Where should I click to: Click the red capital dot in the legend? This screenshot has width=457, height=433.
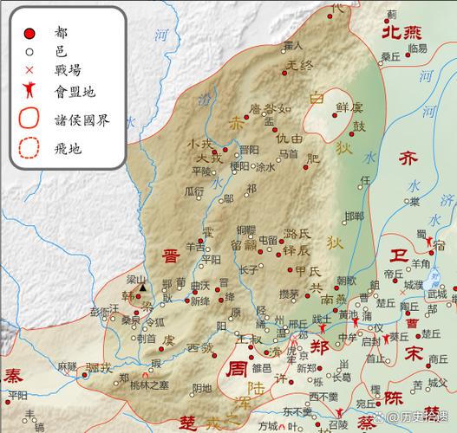click(x=29, y=33)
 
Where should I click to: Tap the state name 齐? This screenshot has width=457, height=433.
click(x=408, y=158)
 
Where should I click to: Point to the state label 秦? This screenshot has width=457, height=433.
click(x=13, y=377)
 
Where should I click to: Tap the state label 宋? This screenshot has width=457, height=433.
click(x=415, y=353)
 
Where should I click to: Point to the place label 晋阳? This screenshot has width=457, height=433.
click(x=249, y=149)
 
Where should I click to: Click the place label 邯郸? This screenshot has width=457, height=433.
click(x=354, y=216)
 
